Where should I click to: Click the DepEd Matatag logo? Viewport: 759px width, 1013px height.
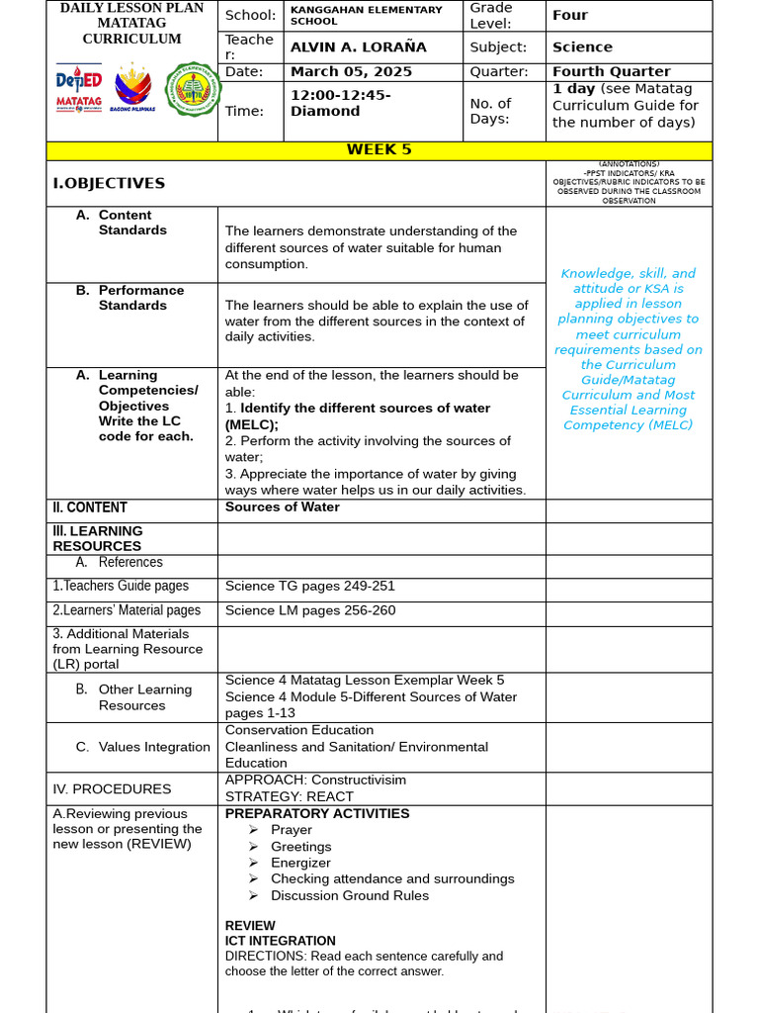[x=78, y=89]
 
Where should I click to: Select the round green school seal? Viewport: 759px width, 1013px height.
[x=192, y=89]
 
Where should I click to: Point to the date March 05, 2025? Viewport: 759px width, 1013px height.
[x=351, y=72]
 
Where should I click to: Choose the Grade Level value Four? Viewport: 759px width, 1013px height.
[x=570, y=16]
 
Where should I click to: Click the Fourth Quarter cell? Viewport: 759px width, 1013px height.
[x=611, y=72]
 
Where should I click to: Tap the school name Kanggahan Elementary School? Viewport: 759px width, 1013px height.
[x=366, y=16]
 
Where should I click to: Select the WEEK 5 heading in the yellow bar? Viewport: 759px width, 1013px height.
[x=379, y=150]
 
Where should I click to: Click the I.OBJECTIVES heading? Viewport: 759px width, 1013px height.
[x=109, y=184]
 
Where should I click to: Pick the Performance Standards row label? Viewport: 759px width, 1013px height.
[x=140, y=298]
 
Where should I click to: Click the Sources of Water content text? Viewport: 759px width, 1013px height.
[x=283, y=507]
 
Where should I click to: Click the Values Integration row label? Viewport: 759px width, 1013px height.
[x=153, y=748]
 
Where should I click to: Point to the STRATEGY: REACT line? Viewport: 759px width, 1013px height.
[x=287, y=796]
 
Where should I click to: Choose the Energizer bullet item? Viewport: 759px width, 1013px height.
[x=300, y=863]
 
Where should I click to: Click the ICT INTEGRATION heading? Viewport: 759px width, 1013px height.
[x=280, y=941]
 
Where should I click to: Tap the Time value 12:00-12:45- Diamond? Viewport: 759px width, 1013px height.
[x=340, y=103]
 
